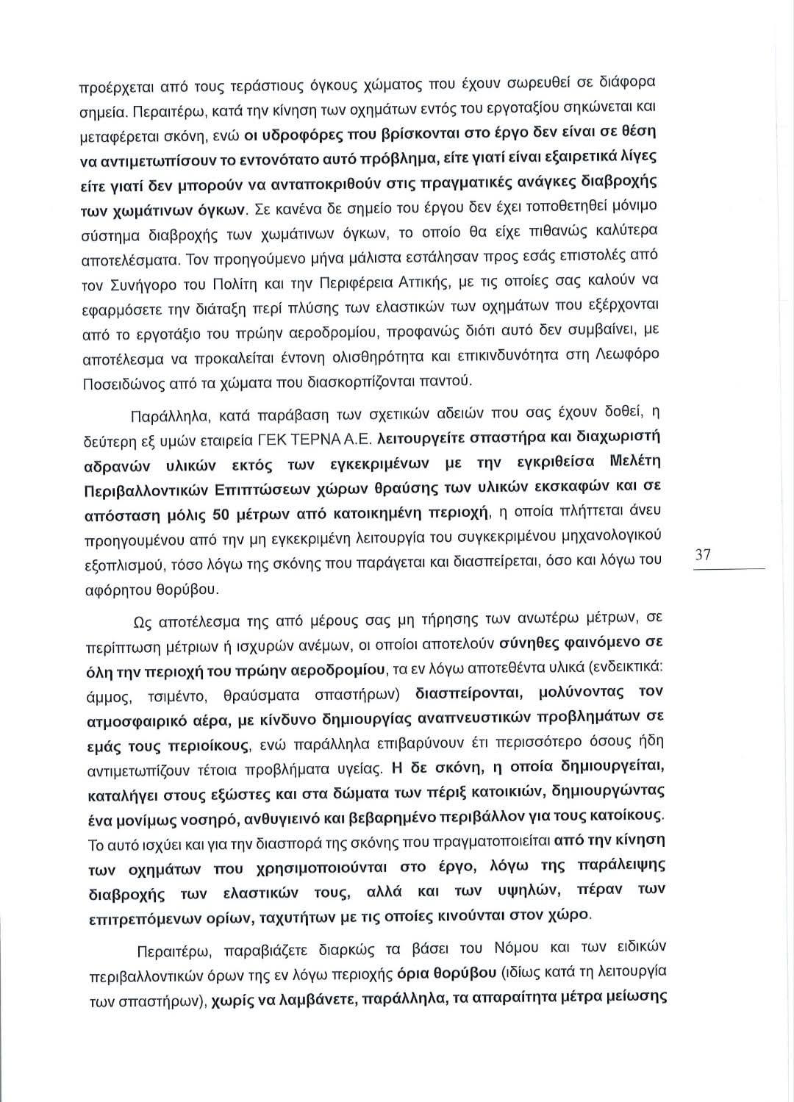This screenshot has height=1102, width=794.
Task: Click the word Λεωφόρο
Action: (628, 357)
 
